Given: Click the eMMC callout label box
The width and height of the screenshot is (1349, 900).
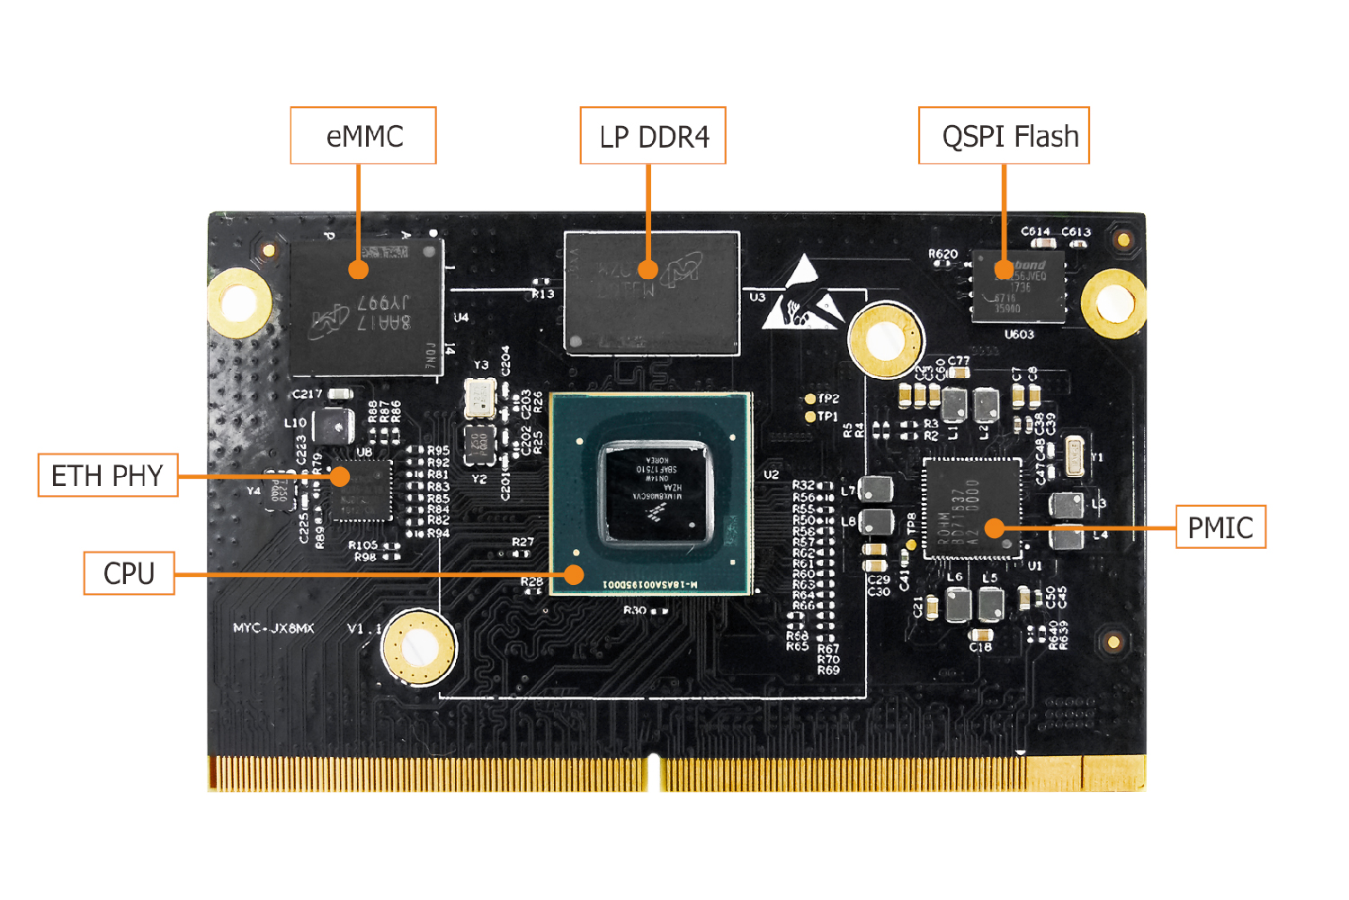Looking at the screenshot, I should click(363, 136).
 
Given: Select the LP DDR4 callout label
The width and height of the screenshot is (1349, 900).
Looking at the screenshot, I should click(653, 136).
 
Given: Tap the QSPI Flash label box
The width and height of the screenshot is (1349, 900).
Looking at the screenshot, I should click(1004, 136).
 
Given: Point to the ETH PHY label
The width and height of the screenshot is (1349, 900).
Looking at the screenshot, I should click(108, 475).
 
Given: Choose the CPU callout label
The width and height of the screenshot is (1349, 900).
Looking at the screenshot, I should click(129, 573).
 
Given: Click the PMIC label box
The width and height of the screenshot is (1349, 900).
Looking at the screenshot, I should click(1220, 527).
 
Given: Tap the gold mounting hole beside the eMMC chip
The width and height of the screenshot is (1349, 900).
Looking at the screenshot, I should click(239, 302).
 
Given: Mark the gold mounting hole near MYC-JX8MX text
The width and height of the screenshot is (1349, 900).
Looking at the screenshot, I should click(418, 646).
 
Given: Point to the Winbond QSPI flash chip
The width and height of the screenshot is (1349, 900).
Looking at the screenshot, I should click(1019, 287).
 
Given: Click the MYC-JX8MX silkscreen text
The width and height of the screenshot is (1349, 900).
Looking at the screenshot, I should click(273, 628).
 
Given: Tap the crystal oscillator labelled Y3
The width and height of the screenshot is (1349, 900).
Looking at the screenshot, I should click(480, 398).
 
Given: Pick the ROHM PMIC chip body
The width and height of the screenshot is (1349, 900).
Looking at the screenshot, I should click(972, 508).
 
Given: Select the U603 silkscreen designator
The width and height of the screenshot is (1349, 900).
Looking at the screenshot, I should click(1019, 335).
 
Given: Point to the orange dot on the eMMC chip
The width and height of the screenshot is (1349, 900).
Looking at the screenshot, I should click(358, 269).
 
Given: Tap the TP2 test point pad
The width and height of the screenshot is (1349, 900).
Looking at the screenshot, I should click(809, 399).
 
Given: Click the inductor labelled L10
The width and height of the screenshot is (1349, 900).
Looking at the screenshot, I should click(334, 425).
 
